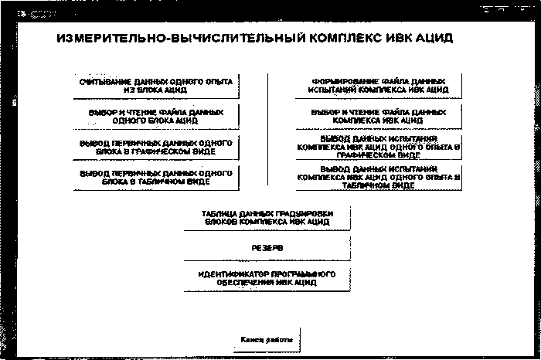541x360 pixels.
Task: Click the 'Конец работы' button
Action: (x=267, y=339)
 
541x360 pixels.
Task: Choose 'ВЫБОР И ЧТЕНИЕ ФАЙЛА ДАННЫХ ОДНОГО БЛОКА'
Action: (x=156, y=116)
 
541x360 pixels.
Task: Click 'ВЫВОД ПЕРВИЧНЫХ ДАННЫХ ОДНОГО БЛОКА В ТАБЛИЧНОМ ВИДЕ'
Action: (x=156, y=177)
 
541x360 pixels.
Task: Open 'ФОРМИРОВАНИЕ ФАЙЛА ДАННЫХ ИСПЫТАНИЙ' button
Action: (x=379, y=85)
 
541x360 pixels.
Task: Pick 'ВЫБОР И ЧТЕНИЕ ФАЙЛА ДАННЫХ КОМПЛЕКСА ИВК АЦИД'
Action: (x=379, y=116)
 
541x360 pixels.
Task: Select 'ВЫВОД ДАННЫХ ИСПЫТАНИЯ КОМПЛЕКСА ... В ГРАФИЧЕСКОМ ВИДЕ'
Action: (x=379, y=145)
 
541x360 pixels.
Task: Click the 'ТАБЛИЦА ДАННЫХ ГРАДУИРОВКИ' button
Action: (x=267, y=217)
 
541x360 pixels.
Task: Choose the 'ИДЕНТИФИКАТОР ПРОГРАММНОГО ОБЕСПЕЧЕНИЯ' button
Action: (x=267, y=278)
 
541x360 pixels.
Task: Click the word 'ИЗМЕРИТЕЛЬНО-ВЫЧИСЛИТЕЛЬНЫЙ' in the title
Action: (x=148, y=38)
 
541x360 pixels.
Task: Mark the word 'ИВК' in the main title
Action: (x=392, y=38)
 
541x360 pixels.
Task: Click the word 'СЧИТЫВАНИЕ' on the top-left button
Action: (x=101, y=80)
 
